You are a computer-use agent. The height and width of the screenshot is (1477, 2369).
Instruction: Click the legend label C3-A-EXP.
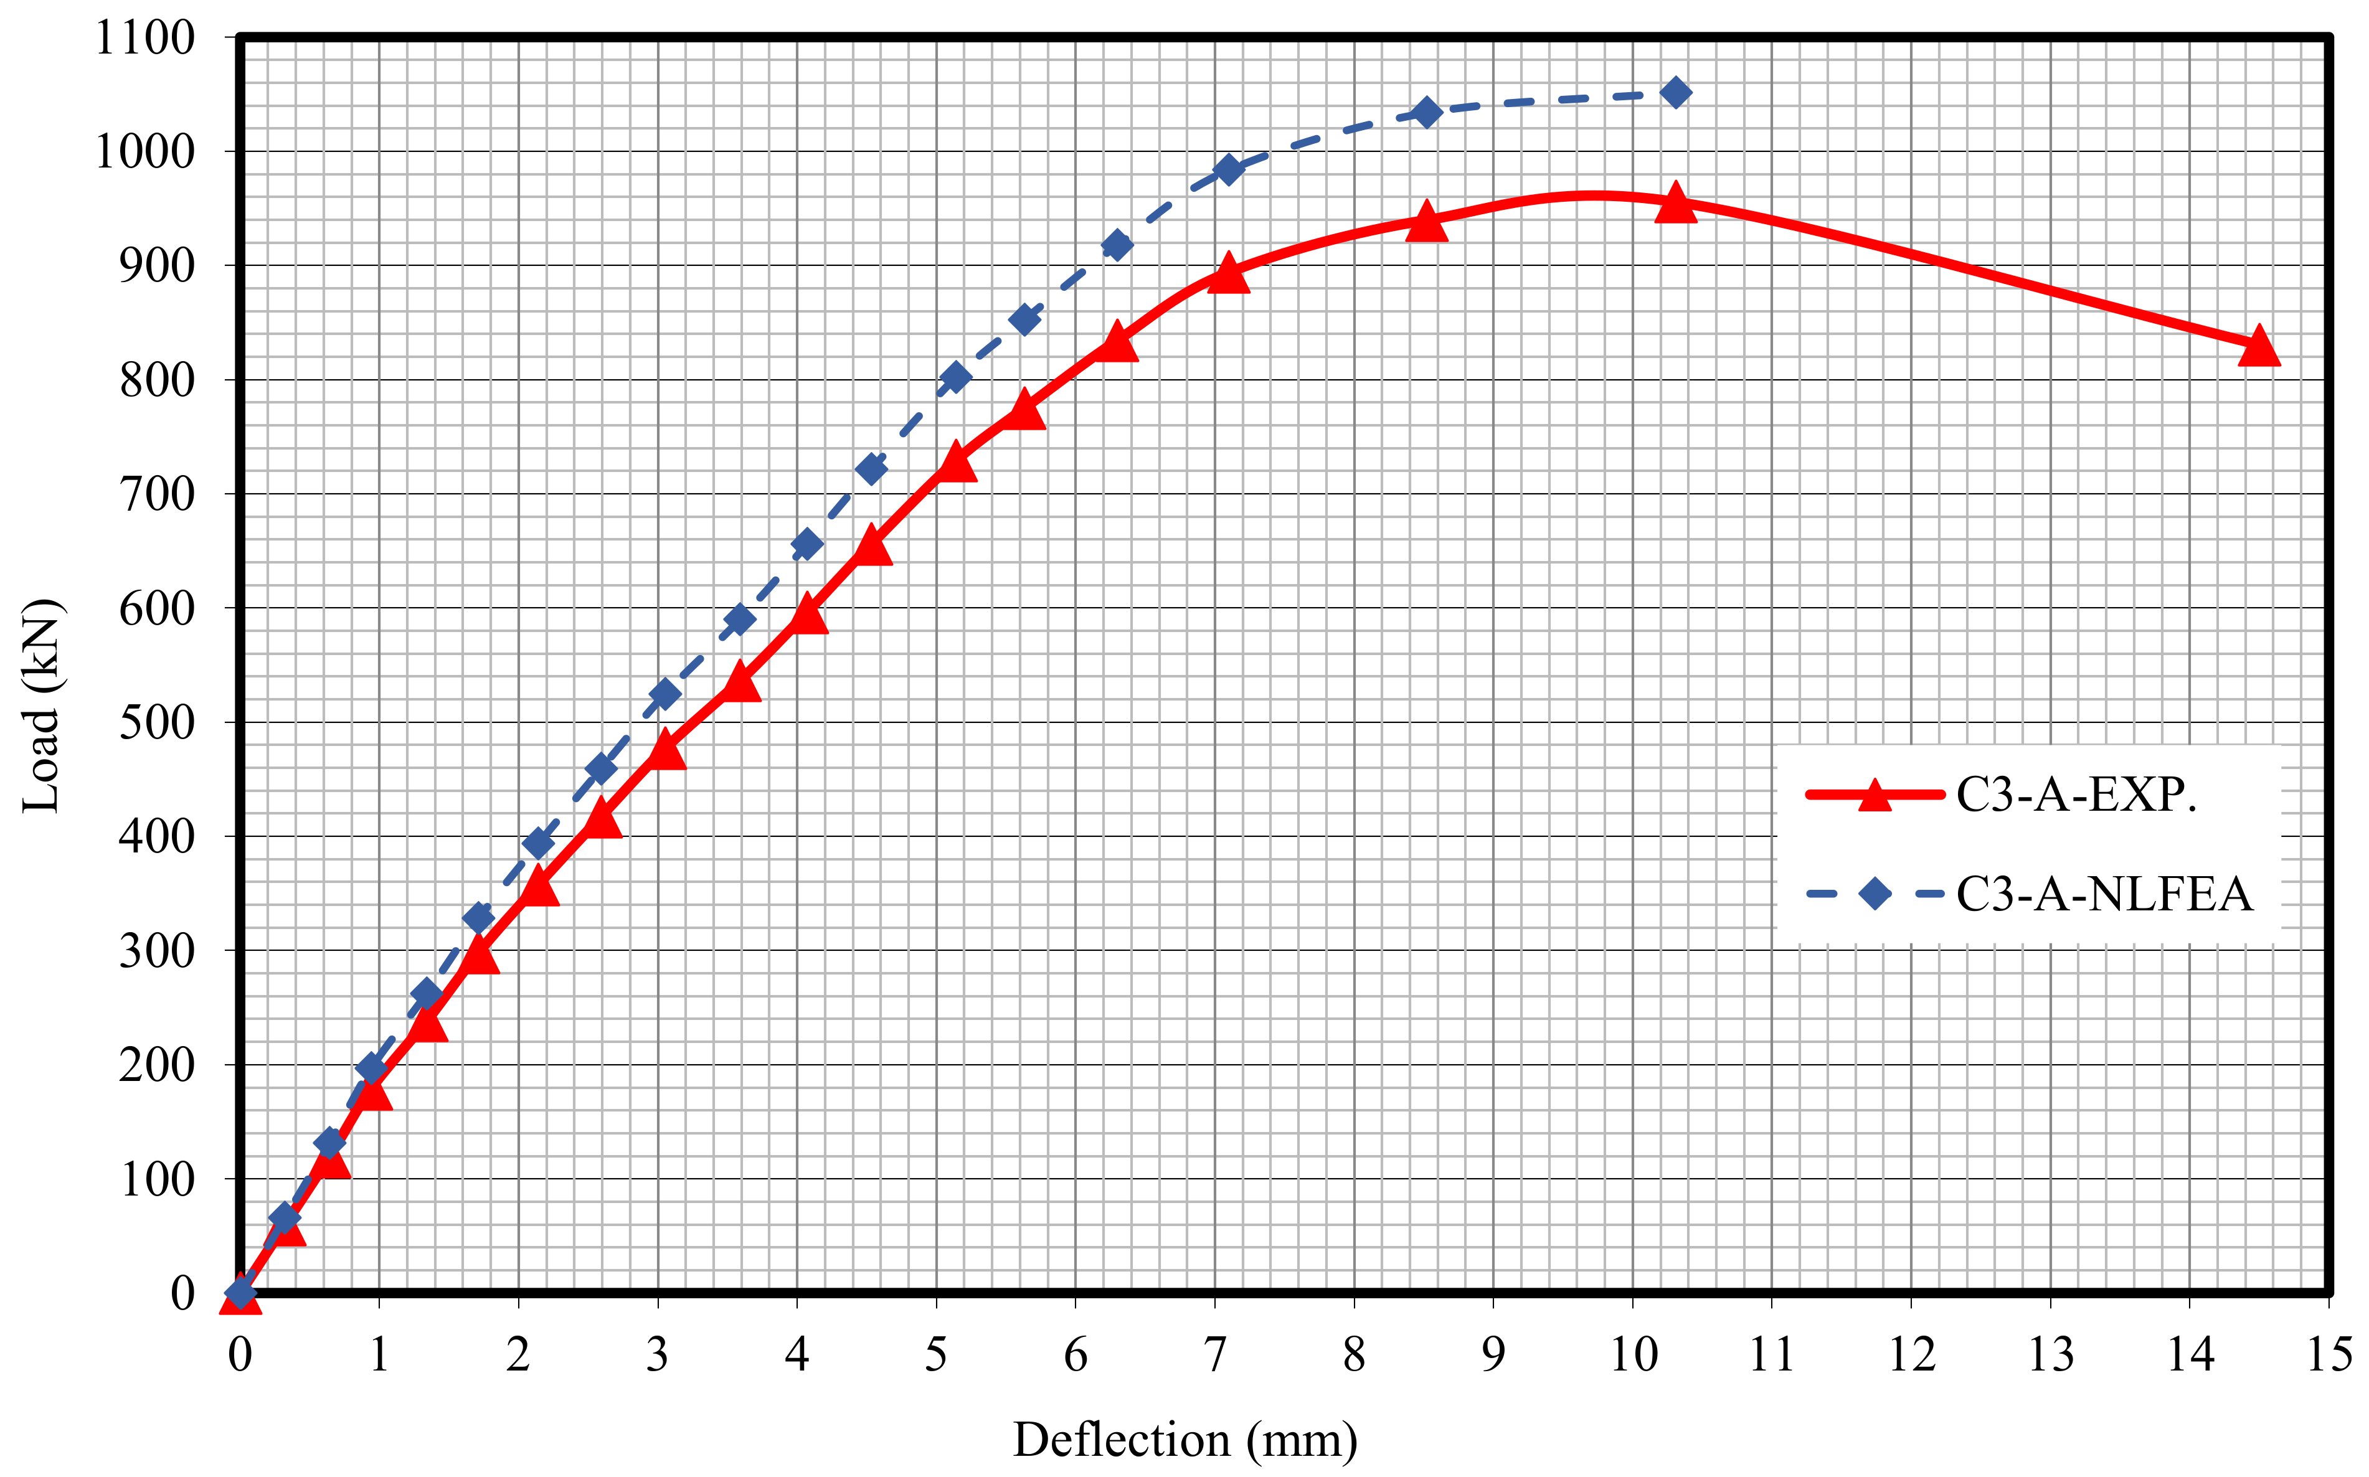(x=2076, y=795)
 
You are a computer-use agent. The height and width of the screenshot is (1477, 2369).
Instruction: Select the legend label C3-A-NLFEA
(x=2103, y=894)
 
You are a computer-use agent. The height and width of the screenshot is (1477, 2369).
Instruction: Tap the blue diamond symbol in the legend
(x=1874, y=893)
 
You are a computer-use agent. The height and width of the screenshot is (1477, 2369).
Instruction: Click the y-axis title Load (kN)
(x=41, y=705)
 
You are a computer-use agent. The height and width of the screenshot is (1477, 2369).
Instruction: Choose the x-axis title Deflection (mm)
(x=1184, y=1440)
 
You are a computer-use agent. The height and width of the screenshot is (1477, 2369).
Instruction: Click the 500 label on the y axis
(x=156, y=723)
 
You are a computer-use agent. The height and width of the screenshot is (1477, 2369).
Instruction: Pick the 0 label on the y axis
(x=182, y=1293)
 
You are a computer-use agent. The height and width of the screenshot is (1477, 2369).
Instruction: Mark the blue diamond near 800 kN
(x=955, y=378)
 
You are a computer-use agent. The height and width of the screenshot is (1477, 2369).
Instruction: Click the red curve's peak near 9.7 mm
(x=1592, y=196)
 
